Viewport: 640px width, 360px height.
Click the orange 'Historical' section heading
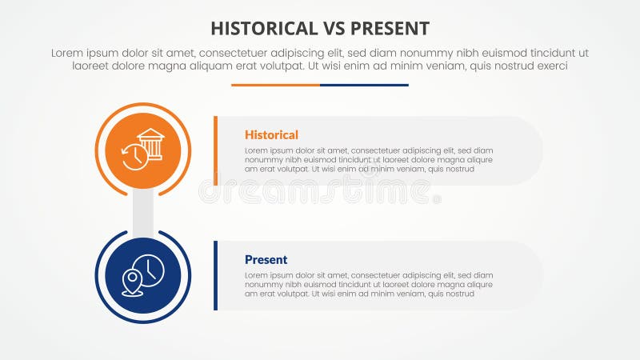click(x=271, y=135)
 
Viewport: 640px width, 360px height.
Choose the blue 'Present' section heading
click(x=266, y=260)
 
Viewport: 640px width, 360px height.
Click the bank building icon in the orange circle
click(x=150, y=142)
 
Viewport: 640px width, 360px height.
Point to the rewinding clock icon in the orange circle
click(x=134, y=157)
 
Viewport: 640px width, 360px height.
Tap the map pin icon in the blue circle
click(x=131, y=282)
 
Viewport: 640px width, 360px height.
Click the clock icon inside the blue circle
click(x=150, y=270)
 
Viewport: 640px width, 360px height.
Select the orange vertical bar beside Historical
click(x=215, y=150)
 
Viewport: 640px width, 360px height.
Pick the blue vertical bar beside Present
click(x=215, y=275)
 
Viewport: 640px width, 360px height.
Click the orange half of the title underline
click(x=275, y=85)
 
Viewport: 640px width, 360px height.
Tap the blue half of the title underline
click(x=364, y=85)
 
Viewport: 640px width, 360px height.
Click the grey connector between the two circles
click(x=143, y=213)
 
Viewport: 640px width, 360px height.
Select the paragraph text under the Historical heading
click(x=368, y=159)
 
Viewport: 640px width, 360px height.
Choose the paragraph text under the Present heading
click(x=368, y=284)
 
